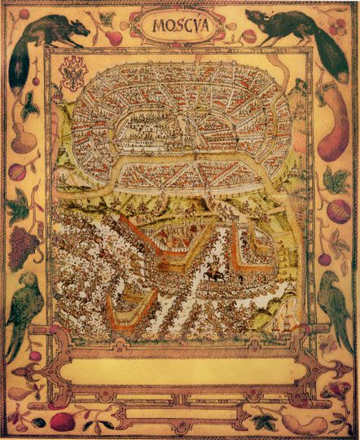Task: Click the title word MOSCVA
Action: (x=179, y=25)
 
